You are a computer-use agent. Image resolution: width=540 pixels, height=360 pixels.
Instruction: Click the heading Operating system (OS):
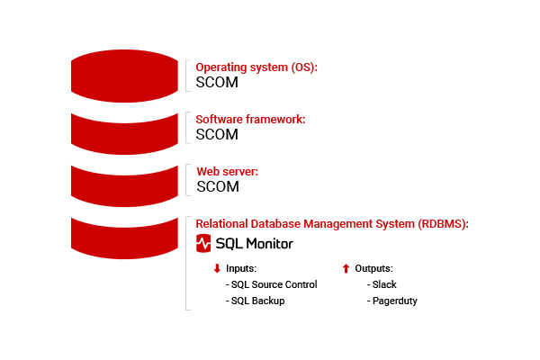click(x=256, y=67)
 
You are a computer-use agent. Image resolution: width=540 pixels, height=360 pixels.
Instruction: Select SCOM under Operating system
click(x=217, y=82)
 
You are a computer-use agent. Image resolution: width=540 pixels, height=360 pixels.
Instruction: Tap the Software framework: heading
click(x=250, y=119)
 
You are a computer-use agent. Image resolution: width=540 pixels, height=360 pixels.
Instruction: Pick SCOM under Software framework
click(x=217, y=134)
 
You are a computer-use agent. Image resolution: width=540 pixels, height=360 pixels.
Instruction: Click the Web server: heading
click(x=228, y=172)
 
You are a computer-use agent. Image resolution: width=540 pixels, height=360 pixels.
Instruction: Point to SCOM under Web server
click(x=218, y=186)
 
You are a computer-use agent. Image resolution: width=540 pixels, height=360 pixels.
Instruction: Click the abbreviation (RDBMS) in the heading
click(x=443, y=224)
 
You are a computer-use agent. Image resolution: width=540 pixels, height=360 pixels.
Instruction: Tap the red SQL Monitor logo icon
click(x=203, y=243)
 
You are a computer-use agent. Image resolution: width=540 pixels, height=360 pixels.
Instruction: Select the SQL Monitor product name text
click(x=255, y=244)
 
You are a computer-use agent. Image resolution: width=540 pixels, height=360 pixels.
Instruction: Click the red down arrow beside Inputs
click(x=217, y=268)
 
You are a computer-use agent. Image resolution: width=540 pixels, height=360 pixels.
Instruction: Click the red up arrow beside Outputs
click(x=346, y=268)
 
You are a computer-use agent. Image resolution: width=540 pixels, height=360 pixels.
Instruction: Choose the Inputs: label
click(x=241, y=268)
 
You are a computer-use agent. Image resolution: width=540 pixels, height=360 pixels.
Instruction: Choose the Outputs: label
click(x=374, y=268)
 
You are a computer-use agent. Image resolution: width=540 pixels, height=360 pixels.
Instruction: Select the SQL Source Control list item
click(x=272, y=284)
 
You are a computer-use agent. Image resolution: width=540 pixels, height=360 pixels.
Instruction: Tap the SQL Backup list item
click(x=256, y=301)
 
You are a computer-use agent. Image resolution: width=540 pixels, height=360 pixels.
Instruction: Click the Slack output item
click(x=382, y=284)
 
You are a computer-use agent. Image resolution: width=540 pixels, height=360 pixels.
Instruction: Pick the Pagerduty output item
click(x=391, y=301)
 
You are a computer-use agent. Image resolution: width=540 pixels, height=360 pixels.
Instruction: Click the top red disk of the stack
click(x=124, y=76)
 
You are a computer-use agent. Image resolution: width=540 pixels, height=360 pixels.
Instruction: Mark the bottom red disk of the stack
click(x=124, y=238)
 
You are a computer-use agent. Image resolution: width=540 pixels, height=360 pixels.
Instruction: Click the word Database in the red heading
click(x=275, y=224)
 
